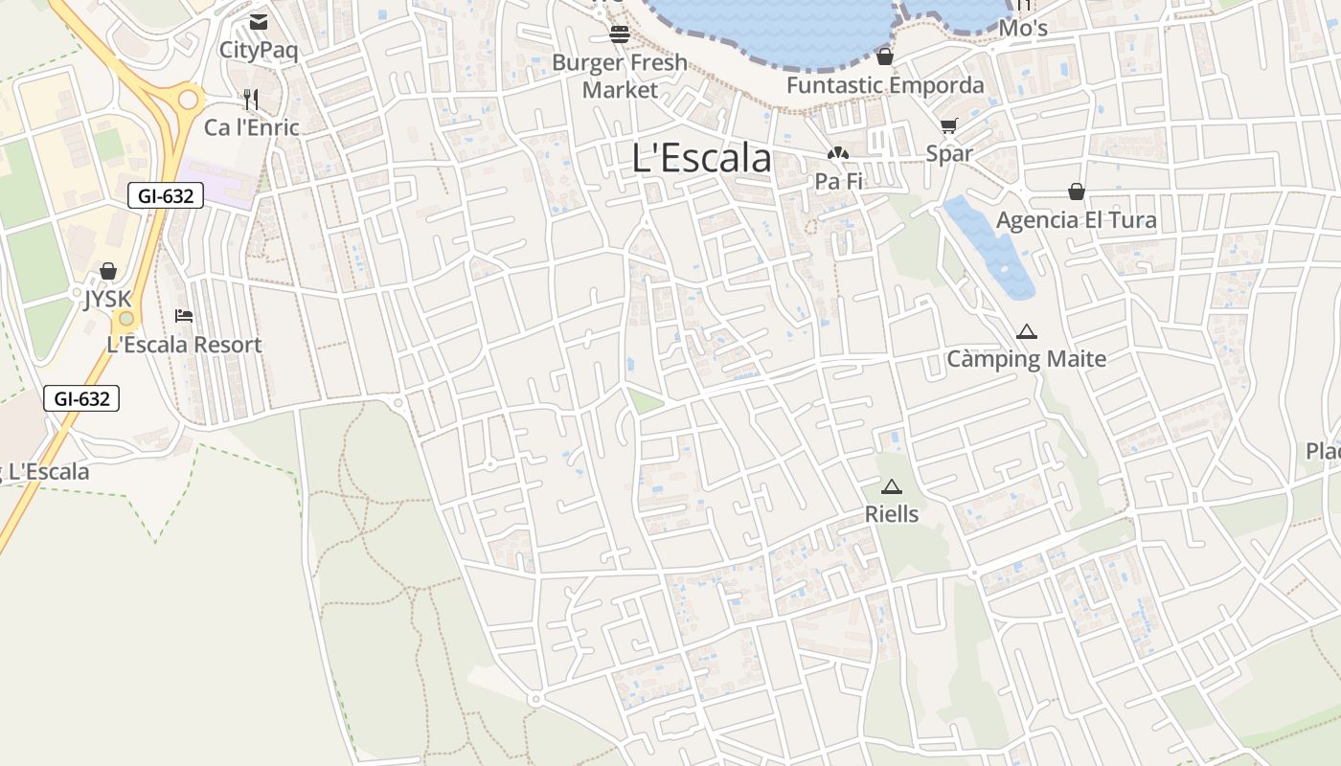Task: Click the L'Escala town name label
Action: pyautogui.click(x=701, y=158)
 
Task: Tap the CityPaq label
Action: pyautogui.click(x=259, y=50)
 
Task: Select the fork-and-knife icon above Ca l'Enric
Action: pyautogui.click(x=251, y=99)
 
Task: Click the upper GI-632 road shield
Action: pyautogui.click(x=166, y=196)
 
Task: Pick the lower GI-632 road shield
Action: pyautogui.click(x=81, y=398)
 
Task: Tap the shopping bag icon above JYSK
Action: pyautogui.click(x=108, y=271)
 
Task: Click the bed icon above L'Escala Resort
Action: pyautogui.click(x=184, y=316)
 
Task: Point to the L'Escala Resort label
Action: pyautogui.click(x=184, y=345)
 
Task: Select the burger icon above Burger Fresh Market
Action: pyautogui.click(x=620, y=35)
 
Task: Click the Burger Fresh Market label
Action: pyautogui.click(x=620, y=76)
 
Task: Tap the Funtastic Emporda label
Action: pyautogui.click(x=885, y=85)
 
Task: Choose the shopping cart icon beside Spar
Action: pyautogui.click(x=949, y=125)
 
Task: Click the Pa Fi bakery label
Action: pyautogui.click(x=838, y=180)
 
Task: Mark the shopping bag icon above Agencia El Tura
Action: pyautogui.click(x=1077, y=191)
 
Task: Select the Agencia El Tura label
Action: pyautogui.click(x=1077, y=220)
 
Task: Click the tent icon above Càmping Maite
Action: pyautogui.click(x=1027, y=332)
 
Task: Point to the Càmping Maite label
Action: pyautogui.click(x=1027, y=359)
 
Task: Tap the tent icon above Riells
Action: pyautogui.click(x=892, y=486)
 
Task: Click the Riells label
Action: pyautogui.click(x=892, y=514)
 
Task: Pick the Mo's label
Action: pyautogui.click(x=1023, y=29)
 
